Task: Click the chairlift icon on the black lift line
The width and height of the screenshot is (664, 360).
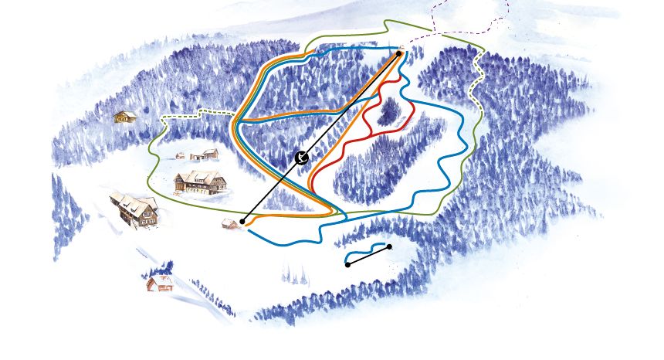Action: click(303, 158)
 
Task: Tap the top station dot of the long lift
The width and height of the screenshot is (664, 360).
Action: click(399, 53)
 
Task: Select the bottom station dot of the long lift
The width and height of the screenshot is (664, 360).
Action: click(242, 222)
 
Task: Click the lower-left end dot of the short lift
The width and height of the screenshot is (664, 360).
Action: click(347, 264)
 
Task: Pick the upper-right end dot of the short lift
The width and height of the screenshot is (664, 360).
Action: click(389, 246)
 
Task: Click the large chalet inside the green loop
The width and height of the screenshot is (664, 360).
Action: click(202, 182)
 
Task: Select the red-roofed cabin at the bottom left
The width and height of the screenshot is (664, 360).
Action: click(159, 283)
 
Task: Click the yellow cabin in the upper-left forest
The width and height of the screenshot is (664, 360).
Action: click(125, 117)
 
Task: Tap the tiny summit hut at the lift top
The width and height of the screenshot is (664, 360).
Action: click(401, 47)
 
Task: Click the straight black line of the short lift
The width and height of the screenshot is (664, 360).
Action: click(369, 255)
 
